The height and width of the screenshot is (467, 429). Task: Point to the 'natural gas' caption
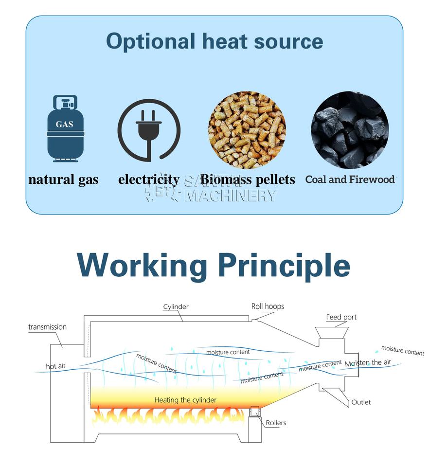[63, 180]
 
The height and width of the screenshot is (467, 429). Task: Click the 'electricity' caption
[148, 180]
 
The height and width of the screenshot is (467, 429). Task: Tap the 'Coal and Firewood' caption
[350, 180]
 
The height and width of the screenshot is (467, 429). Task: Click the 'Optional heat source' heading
[214, 41]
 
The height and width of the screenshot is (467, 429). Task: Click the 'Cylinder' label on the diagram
[176, 307]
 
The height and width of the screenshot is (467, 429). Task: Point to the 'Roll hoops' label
[268, 306]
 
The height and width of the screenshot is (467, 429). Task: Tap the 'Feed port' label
[341, 317]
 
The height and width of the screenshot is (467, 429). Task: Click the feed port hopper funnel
[332, 333]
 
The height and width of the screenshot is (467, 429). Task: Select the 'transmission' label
[47, 327]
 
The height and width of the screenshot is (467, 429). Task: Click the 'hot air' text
[55, 366]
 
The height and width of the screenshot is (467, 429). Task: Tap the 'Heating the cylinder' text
[185, 400]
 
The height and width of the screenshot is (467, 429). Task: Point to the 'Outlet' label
[361, 402]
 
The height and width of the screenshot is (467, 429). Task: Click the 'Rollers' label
[276, 423]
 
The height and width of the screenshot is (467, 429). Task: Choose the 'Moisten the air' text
[368, 363]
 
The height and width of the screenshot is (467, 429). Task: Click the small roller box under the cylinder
[254, 412]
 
